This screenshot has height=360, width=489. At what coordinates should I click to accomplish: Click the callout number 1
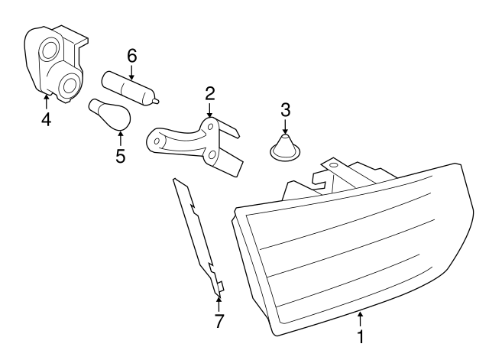point(360,337)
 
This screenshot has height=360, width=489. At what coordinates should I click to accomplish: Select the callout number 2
point(210,93)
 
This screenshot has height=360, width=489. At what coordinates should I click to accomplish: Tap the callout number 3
point(286,110)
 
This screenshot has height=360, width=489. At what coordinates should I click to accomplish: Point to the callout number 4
point(46,119)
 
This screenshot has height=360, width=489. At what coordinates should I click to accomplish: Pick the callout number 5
point(121,156)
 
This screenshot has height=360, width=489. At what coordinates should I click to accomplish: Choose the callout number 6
point(132,56)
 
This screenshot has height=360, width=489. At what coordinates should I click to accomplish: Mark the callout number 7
point(219,321)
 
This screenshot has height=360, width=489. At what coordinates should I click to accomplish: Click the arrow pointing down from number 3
point(285,127)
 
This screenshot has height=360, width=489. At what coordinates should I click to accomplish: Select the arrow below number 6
point(131,73)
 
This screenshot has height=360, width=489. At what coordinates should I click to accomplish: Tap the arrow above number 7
point(219,303)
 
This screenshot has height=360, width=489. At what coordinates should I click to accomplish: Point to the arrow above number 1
point(360,319)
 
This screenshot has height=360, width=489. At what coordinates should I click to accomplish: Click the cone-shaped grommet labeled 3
point(286,148)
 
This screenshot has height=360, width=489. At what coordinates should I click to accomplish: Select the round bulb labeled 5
point(111,115)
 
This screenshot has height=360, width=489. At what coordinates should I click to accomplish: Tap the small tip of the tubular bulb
point(157,101)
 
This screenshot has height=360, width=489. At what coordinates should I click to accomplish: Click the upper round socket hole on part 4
point(50,50)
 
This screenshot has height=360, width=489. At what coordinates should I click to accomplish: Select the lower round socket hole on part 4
point(70,85)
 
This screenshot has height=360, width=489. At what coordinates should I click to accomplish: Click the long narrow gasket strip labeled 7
point(199,237)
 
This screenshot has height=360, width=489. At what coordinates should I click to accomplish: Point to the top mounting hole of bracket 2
point(211,127)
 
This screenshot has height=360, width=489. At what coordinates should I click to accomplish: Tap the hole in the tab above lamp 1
point(334,165)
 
